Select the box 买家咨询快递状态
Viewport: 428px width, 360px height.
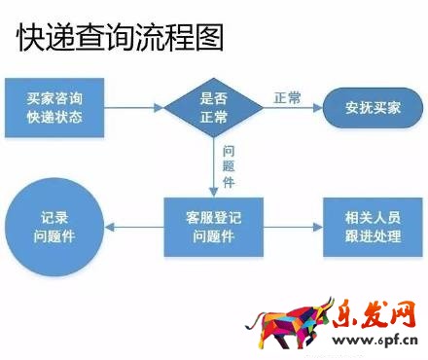(x=54, y=108)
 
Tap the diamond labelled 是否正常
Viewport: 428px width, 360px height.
(x=213, y=108)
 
